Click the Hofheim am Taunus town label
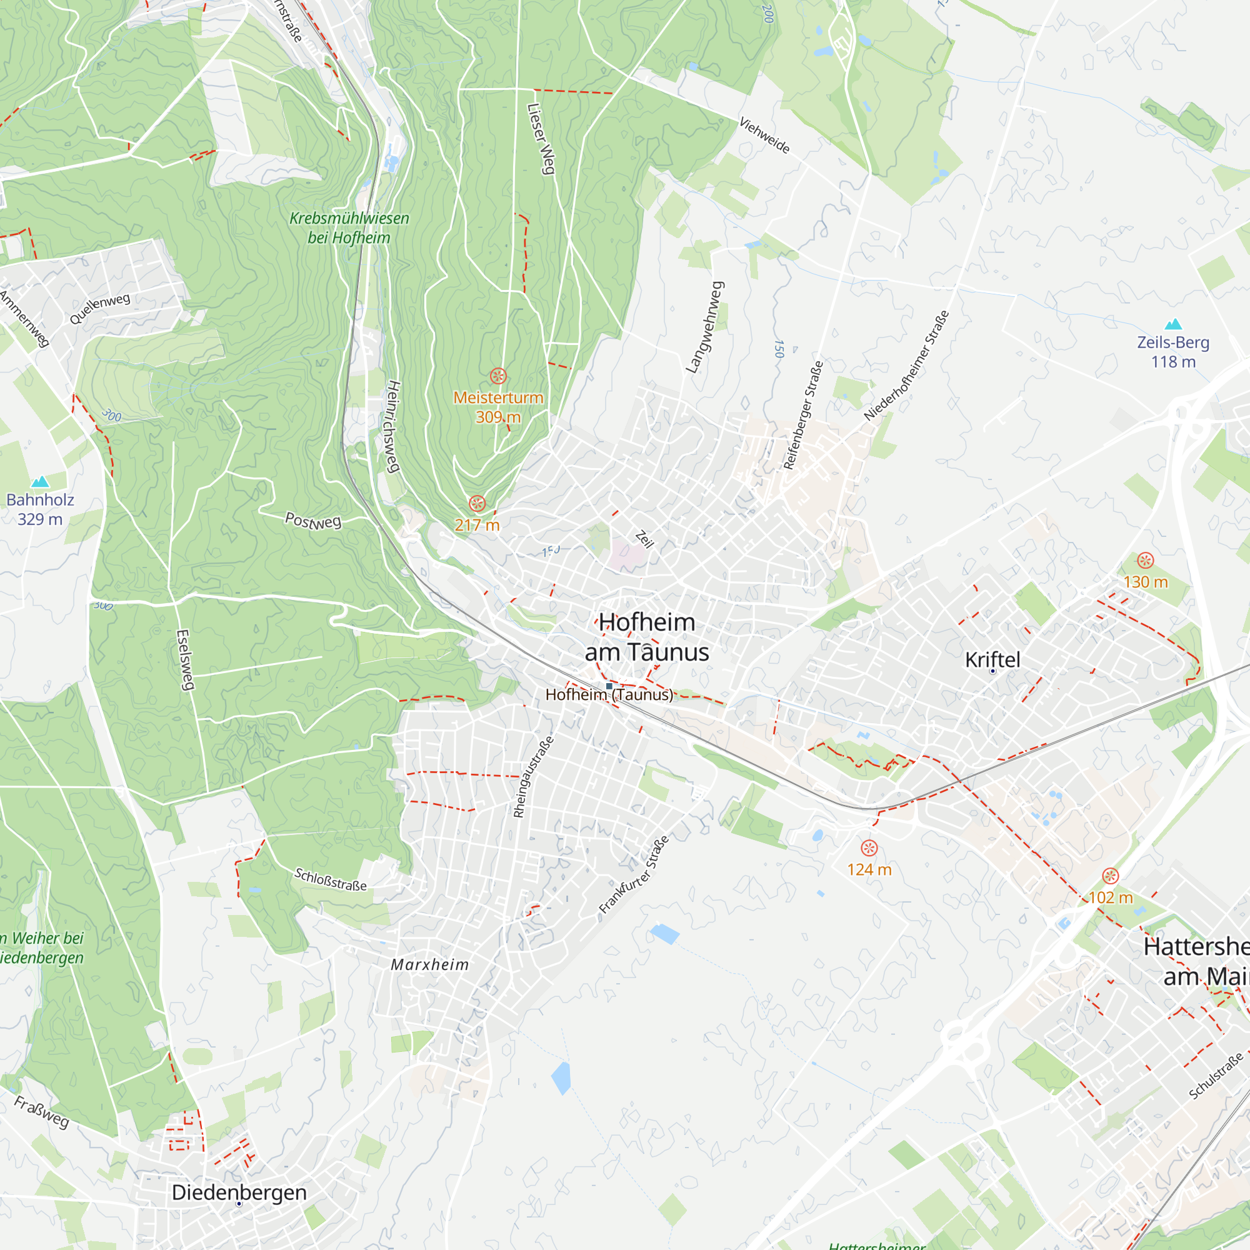[646, 637]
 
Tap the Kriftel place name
[992, 660]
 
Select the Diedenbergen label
[239, 1192]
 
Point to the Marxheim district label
[429, 964]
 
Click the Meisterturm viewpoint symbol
[498, 376]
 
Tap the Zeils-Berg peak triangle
[1173, 324]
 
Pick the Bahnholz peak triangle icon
[40, 481]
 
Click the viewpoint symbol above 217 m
[477, 503]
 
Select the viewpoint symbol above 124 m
[869, 847]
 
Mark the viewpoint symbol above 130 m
[1145, 560]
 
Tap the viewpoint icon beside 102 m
[1110, 876]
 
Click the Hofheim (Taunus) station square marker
[609, 686]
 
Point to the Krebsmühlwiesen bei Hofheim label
[349, 227]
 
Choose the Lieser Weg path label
[541, 139]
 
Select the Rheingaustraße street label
[533, 776]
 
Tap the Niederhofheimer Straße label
[906, 366]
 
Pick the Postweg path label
[313, 521]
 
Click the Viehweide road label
[764, 135]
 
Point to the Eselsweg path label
[185, 660]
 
